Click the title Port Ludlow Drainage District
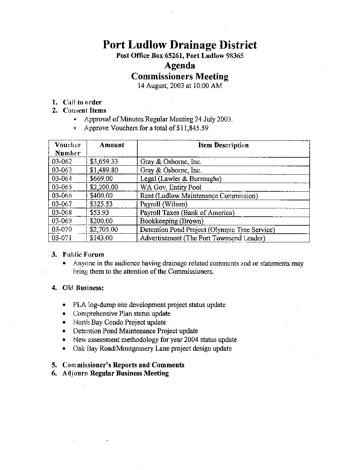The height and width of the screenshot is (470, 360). click(180, 45)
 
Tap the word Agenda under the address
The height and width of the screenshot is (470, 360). click(180, 65)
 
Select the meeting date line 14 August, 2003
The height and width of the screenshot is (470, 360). click(180, 86)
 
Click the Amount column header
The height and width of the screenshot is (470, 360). click(112, 145)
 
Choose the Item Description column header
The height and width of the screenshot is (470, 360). click(223, 145)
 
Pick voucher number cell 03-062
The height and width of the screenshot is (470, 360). click(62, 162)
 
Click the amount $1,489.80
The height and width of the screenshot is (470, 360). click(104, 170)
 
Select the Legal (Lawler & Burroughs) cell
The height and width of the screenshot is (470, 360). click(181, 179)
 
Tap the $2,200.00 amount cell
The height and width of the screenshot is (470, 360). click(104, 187)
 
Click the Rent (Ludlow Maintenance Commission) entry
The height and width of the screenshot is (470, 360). click(199, 196)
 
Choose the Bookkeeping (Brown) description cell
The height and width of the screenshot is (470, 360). click(172, 221)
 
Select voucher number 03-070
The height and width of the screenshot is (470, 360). click(62, 230)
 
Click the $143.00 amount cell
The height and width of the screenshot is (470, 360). click(101, 238)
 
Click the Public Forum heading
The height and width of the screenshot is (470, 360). click(83, 255)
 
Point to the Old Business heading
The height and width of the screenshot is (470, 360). click(83, 288)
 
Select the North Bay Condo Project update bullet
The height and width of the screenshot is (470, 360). click(119, 322)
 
